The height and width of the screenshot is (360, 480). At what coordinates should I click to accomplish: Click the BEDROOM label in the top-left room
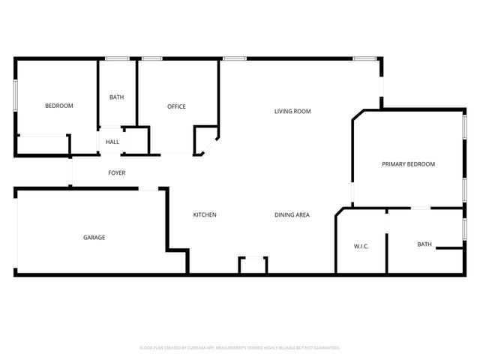pyautogui.click(x=59, y=106)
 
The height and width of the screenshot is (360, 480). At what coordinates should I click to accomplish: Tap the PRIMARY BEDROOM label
pyautogui.click(x=408, y=164)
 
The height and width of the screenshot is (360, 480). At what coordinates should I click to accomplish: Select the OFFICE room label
pyautogui.click(x=176, y=106)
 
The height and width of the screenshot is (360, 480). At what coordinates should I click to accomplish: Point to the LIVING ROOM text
pyautogui.click(x=292, y=112)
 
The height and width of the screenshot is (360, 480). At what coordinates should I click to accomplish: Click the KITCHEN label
pyautogui.click(x=205, y=215)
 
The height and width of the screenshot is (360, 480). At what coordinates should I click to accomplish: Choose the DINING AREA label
pyautogui.click(x=292, y=215)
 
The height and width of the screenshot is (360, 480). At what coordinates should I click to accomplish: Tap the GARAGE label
pyautogui.click(x=94, y=238)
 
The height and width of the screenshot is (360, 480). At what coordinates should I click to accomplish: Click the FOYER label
pyautogui.click(x=116, y=173)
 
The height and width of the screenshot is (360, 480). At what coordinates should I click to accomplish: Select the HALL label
pyautogui.click(x=112, y=142)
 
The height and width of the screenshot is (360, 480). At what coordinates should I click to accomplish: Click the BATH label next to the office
pyautogui.click(x=116, y=97)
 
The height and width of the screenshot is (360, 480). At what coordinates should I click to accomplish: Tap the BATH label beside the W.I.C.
pyautogui.click(x=424, y=244)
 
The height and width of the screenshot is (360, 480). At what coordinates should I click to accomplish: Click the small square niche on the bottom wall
pyautogui.click(x=253, y=265)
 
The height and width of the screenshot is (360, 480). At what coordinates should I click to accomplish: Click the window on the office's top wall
pyautogui.click(x=152, y=58)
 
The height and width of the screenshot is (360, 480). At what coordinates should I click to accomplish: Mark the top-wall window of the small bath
pyautogui.click(x=116, y=58)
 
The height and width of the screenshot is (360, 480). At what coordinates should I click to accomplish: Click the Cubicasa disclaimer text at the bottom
pyautogui.click(x=240, y=348)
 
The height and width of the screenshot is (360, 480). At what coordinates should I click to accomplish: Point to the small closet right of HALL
pyautogui.click(x=136, y=141)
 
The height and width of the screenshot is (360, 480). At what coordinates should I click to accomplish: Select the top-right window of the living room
pyautogui.click(x=365, y=58)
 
